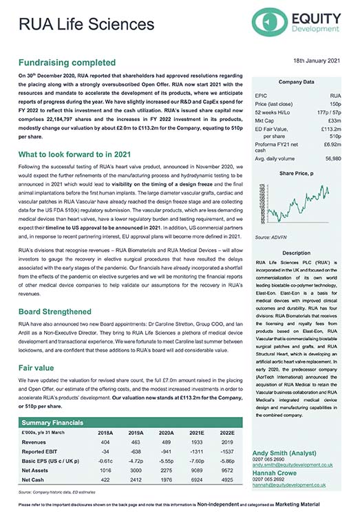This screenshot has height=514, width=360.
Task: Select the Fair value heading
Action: (39, 367)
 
